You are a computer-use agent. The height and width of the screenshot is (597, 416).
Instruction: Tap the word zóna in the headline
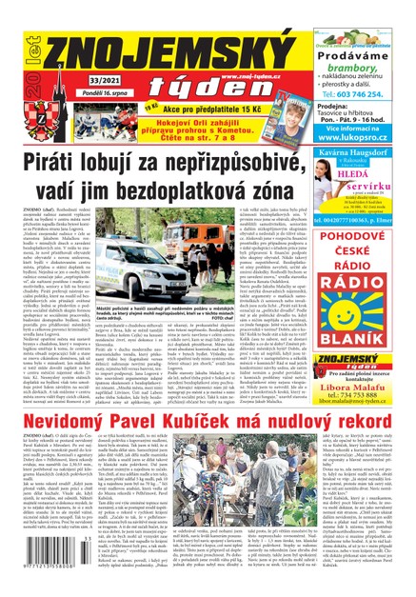point(291,181)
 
